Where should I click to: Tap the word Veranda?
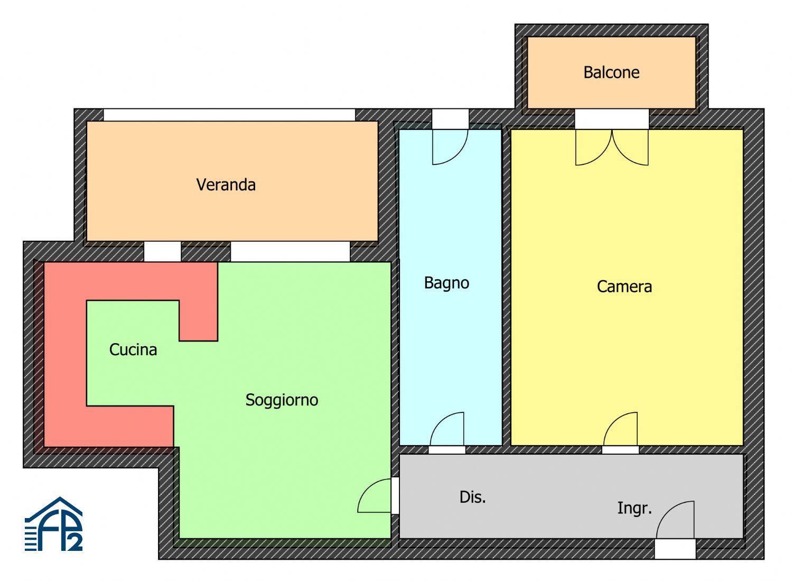pyautogui.click(x=226, y=185)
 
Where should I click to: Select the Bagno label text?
pyautogui.click(x=446, y=283)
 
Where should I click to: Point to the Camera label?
pyautogui.click(x=624, y=287)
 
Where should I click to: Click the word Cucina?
pyautogui.click(x=133, y=349)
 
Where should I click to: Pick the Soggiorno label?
pyautogui.click(x=282, y=400)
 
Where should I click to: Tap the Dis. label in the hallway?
pyautogui.click(x=472, y=497)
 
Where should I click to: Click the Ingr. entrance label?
pyautogui.click(x=635, y=509)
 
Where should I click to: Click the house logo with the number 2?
pyautogui.click(x=54, y=524)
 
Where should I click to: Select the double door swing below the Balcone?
pyautogui.click(x=612, y=147)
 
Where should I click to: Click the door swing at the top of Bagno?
pyautogui.click(x=450, y=147)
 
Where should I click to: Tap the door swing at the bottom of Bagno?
pyautogui.click(x=447, y=429)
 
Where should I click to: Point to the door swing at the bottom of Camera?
pyautogui.click(x=620, y=429)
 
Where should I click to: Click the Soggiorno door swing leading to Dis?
pyautogui.click(x=374, y=495)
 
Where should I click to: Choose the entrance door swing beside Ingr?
pyautogui.click(x=675, y=520)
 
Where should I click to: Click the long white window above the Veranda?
pyautogui.click(x=229, y=115)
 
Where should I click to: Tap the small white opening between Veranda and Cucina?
pyautogui.click(x=162, y=252)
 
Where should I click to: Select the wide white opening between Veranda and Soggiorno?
pyautogui.click(x=290, y=252)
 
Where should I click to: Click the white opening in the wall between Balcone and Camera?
pyautogui.click(x=612, y=119)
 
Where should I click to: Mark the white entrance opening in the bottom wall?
pyautogui.click(x=675, y=549)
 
